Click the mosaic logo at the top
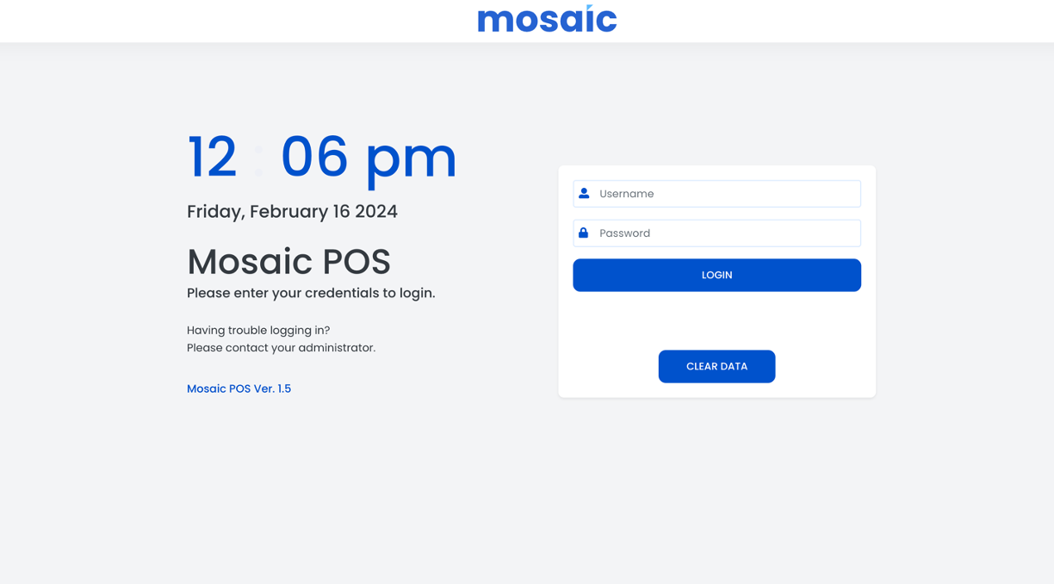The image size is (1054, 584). coord(547,19)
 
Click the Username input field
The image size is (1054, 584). coord(716,194)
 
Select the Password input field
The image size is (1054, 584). coord(716,233)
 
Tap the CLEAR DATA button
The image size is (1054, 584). coord(716,366)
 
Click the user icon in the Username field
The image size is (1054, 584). coord(584,193)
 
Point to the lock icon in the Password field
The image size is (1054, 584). coord(584,233)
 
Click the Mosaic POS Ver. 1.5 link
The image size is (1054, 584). coord(239,388)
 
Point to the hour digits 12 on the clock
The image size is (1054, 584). coord(212,156)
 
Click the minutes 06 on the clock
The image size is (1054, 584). coord(314,156)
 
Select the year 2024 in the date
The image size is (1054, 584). coord(376,211)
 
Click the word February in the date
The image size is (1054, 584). coord(289,212)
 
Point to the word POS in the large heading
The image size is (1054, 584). coord(356,262)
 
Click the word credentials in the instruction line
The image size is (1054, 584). coord(342,293)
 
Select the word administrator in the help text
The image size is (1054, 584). coord(337,348)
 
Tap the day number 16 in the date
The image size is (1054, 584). coord(342,211)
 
